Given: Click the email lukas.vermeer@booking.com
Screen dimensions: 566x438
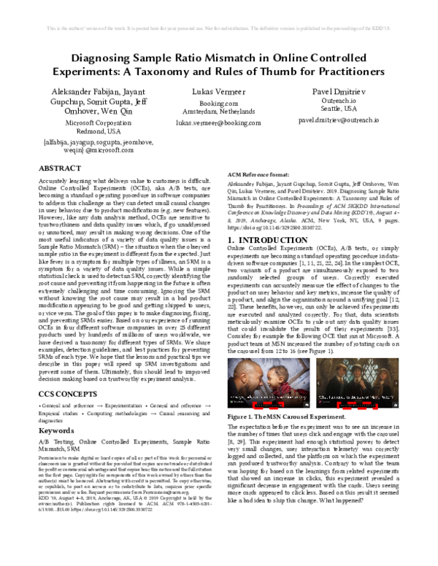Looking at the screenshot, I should tap(218, 123).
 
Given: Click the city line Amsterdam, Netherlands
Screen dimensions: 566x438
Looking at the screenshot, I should tap(218, 113).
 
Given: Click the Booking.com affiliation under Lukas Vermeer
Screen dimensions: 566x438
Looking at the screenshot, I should tap(218, 104).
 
